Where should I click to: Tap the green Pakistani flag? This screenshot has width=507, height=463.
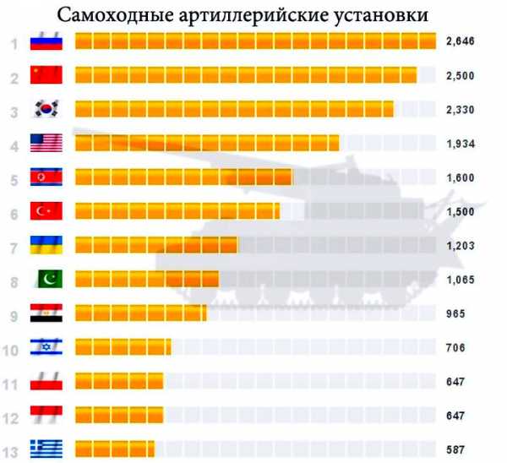pos(47,279)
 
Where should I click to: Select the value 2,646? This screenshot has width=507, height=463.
pos(461,43)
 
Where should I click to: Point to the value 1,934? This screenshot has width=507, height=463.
pos(461,144)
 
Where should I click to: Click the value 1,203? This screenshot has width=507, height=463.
pos(461,246)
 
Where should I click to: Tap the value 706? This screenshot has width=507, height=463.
pos(456,347)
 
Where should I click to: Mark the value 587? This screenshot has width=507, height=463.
pos(456,449)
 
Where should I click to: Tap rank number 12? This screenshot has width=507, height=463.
pos(13,416)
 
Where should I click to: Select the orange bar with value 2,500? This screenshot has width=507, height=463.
pos(245,76)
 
